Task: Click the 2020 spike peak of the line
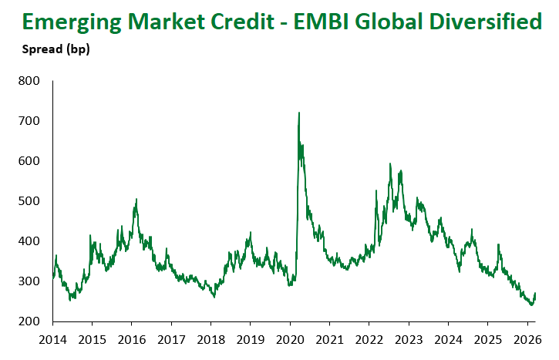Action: (298, 113)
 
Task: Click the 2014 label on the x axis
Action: (52, 339)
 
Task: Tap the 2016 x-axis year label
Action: (132, 339)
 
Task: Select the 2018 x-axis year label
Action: (211, 339)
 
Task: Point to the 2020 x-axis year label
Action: (290, 339)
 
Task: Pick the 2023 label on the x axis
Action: (409, 339)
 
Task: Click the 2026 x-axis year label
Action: (527, 339)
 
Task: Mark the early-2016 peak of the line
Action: (136, 200)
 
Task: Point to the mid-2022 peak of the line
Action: (391, 163)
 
